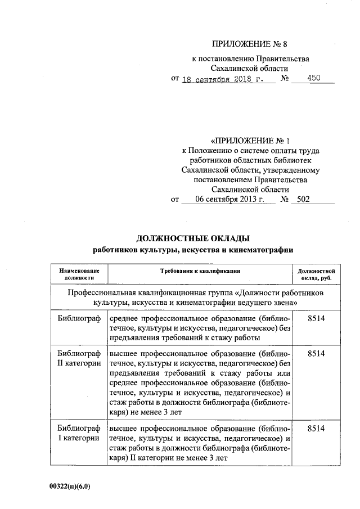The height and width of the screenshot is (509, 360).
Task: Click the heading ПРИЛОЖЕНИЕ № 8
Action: click(x=249, y=44)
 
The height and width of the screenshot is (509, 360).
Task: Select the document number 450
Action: click(x=313, y=79)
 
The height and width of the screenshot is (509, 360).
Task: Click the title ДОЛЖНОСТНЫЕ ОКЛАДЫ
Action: click(x=193, y=238)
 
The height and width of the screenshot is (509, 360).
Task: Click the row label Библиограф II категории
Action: click(x=79, y=358)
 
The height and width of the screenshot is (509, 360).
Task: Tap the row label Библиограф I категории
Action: click(x=79, y=433)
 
